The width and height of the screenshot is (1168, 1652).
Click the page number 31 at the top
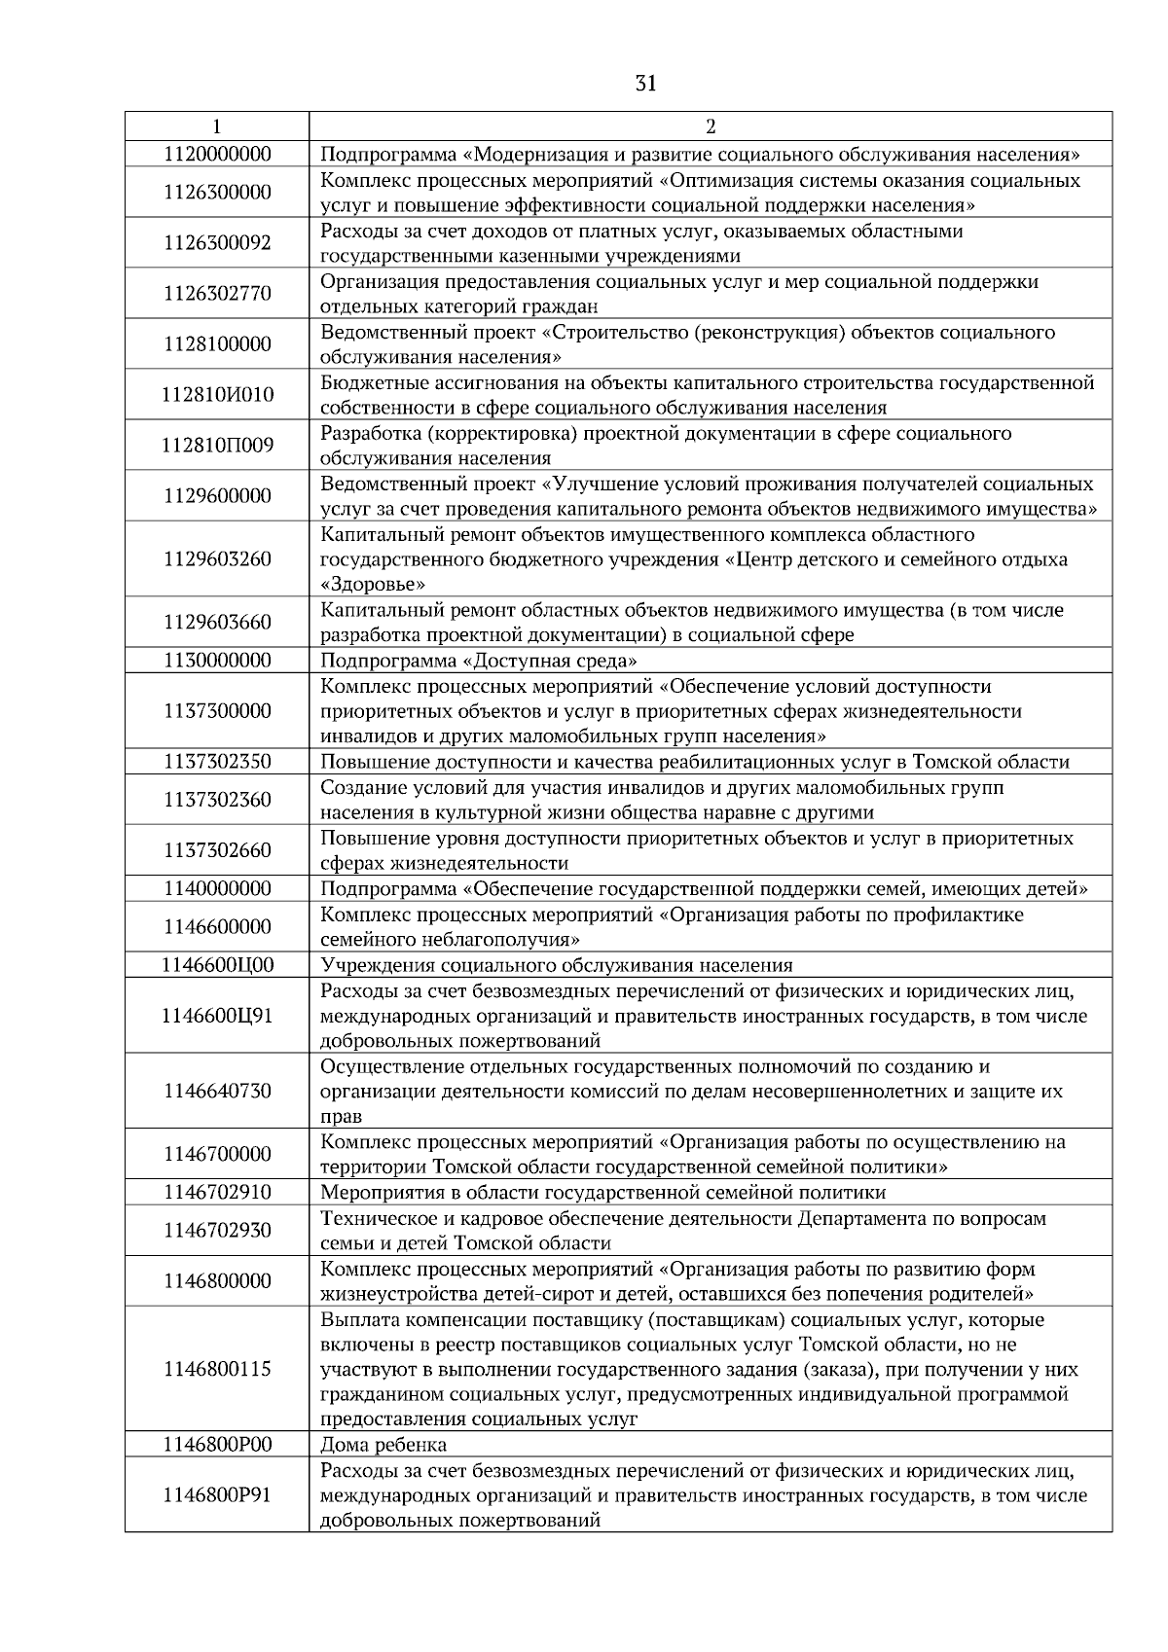[644, 84]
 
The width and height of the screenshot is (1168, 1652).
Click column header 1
[216, 126]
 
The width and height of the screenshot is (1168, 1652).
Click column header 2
[710, 126]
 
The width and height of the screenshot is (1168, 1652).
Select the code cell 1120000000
[217, 154]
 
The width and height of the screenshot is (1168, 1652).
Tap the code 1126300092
[217, 243]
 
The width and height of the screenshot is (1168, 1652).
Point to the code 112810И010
[217, 395]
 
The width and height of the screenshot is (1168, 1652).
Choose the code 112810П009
[217, 446]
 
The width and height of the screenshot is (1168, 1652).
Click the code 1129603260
[217, 559]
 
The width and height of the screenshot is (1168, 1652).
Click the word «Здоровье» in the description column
[373, 585]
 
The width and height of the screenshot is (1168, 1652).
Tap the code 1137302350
[217, 762]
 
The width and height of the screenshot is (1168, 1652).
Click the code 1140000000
[217, 888]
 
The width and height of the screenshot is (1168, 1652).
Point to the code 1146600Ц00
[217, 965]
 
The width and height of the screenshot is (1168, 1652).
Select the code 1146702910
[217, 1193]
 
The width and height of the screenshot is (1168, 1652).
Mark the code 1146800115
[217, 1370]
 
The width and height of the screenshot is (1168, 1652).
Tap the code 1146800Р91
[217, 1495]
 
